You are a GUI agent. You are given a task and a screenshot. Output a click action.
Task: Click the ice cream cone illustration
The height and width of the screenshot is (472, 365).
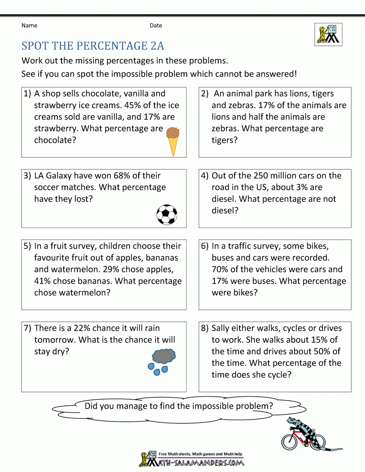pos(173,140)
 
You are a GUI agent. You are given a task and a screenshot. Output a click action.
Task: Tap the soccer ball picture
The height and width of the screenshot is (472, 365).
pos(167,214)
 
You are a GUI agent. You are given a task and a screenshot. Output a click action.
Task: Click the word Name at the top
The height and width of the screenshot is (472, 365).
pos(29,26)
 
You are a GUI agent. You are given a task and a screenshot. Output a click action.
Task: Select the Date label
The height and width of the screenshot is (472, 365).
pos(156,26)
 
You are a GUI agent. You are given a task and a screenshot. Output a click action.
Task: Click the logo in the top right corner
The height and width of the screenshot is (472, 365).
pos(328,35)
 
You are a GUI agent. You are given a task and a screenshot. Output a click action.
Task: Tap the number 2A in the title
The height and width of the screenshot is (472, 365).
pos(157,46)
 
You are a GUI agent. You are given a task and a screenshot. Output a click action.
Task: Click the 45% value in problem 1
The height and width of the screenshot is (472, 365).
pos(132,105)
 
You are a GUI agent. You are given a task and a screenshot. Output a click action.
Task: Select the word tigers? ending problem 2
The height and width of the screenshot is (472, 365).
pos(224,140)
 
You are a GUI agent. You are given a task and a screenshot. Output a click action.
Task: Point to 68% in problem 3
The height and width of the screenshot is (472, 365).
pos(122,176)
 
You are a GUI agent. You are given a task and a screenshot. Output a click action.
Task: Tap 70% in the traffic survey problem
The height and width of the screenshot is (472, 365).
pos(220,270)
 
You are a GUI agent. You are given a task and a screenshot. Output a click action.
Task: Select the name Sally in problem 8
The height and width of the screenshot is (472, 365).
pos(221,328)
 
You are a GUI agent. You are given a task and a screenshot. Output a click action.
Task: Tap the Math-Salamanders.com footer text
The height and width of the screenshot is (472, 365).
pos(201,463)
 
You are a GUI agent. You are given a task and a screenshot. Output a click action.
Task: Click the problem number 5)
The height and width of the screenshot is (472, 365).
pos(27,246)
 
